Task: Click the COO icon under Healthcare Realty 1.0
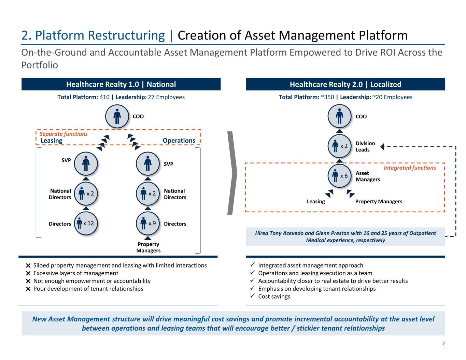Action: [x=117, y=116]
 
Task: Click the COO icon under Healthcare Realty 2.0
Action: [x=340, y=116]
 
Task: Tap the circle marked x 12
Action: [x=86, y=224]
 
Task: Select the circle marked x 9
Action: [x=148, y=224]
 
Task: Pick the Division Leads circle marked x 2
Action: [x=340, y=146]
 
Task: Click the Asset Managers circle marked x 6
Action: [x=340, y=176]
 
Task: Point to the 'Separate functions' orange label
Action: [x=64, y=134]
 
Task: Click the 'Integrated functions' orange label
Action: [x=410, y=168]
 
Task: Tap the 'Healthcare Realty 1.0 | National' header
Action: [x=121, y=84]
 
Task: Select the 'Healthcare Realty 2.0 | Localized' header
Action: [x=345, y=84]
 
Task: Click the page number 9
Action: [x=443, y=343]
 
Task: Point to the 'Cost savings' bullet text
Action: [x=274, y=296]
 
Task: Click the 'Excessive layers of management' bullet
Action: [x=76, y=273]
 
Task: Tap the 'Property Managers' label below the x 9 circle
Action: [x=148, y=247]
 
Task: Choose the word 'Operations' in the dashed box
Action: [x=179, y=141]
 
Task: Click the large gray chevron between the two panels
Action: [x=232, y=173]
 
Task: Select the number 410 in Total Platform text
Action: [x=104, y=97]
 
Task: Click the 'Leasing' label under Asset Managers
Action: [x=316, y=201]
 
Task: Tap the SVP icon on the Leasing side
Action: [x=86, y=164]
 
